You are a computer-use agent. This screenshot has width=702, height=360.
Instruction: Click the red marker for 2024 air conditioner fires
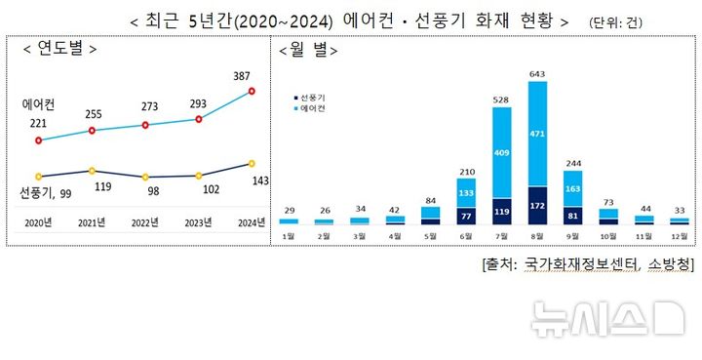(x=252, y=91)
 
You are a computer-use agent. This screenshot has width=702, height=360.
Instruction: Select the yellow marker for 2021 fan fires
(x=91, y=171)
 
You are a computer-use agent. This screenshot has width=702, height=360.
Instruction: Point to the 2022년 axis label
(x=145, y=223)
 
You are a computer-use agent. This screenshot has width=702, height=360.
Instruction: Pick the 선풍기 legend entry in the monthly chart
(x=312, y=98)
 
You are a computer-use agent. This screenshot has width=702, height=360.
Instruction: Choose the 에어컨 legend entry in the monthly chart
(x=312, y=108)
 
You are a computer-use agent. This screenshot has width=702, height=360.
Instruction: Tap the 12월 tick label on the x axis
(x=680, y=236)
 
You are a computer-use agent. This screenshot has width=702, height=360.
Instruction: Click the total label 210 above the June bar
(x=465, y=172)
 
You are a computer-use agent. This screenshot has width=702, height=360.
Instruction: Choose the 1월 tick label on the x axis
(x=288, y=236)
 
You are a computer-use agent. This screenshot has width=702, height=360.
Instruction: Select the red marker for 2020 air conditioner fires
(x=38, y=140)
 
